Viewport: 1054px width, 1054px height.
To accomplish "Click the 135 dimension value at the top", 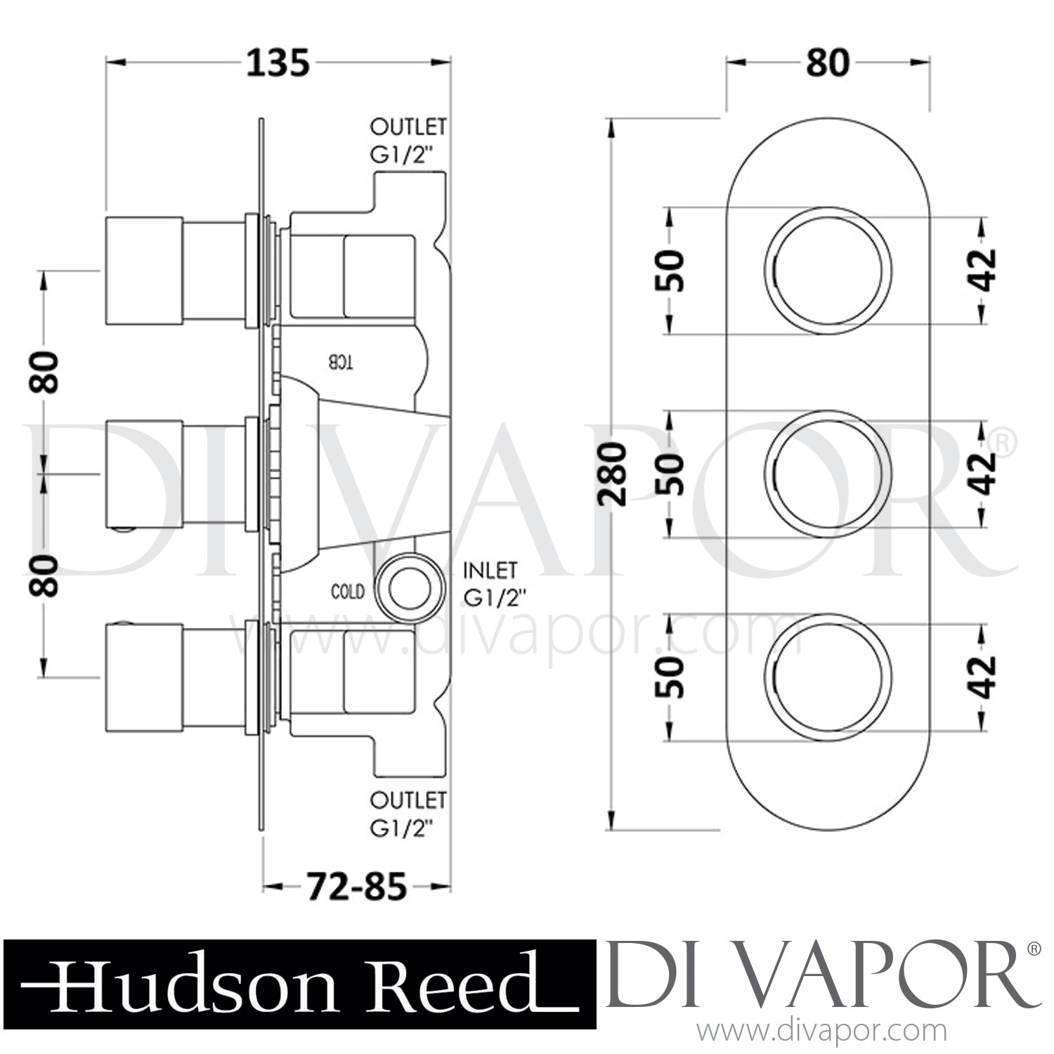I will pos(278,63).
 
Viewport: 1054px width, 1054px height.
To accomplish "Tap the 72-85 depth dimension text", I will pos(356,888).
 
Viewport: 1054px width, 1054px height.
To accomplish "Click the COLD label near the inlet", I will pos(348,591).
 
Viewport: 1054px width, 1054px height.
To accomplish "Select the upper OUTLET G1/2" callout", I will pos(408,141).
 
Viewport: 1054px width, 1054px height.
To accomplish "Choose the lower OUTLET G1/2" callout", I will pos(408,814).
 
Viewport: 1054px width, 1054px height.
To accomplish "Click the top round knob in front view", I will pos(828,271).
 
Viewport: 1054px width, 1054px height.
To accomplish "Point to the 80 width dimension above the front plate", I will pos(827,63).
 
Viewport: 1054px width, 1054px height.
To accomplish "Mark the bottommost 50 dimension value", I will pos(670,677).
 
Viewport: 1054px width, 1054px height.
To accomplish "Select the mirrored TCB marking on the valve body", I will pos(341,363).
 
